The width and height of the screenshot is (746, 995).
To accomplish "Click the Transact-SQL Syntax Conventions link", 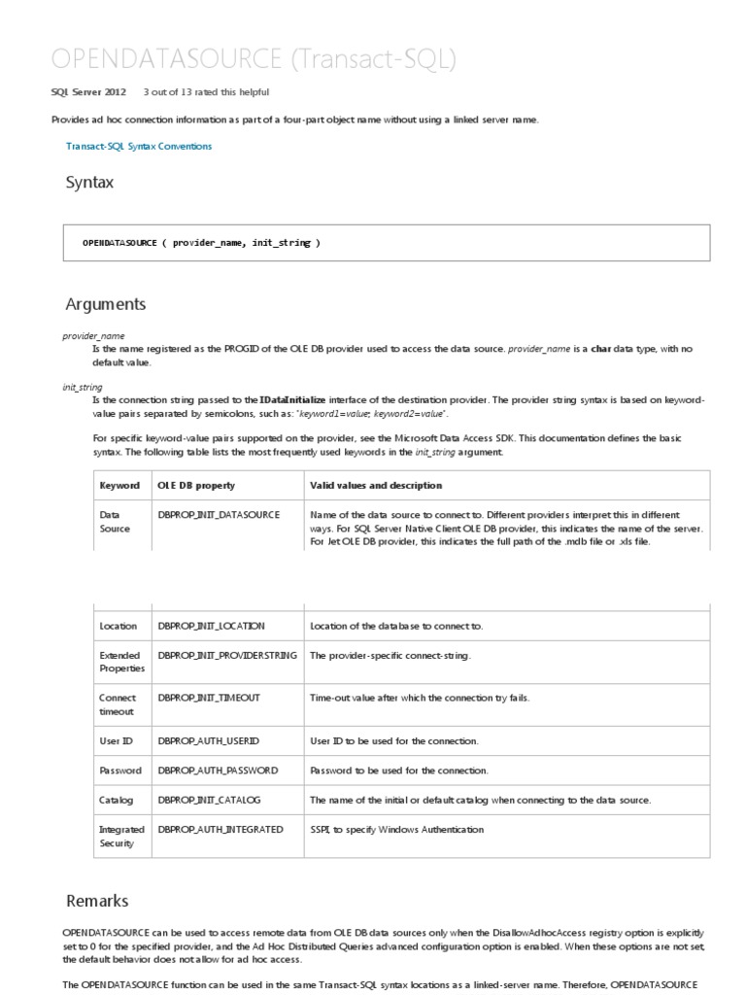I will [x=139, y=146].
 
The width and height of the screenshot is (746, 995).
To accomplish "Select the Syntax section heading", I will [x=89, y=182].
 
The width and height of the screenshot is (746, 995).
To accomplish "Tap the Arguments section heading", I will [x=105, y=304].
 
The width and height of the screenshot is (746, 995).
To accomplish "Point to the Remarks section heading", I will [x=97, y=901].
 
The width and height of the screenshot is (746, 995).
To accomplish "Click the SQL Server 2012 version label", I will [x=88, y=92].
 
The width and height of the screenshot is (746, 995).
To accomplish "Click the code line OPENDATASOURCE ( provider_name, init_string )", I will [x=201, y=243].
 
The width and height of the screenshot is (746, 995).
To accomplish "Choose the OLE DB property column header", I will [x=196, y=485].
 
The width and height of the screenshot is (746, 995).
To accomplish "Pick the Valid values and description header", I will [x=376, y=485].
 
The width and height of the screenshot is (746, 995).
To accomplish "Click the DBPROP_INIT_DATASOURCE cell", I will [x=219, y=514].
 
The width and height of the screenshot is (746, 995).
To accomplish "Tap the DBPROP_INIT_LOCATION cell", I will [x=211, y=626].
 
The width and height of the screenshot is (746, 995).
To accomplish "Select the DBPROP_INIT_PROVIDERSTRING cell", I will [x=227, y=656].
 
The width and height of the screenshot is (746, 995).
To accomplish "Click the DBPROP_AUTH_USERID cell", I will [x=208, y=740].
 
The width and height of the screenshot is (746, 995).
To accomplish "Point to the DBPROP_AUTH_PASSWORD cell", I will [x=218, y=771].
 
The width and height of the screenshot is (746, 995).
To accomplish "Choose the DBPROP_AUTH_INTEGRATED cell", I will [x=220, y=830].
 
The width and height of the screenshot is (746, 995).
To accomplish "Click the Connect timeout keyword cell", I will [x=119, y=704].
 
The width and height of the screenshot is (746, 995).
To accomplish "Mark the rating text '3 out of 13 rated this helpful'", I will [x=206, y=92].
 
